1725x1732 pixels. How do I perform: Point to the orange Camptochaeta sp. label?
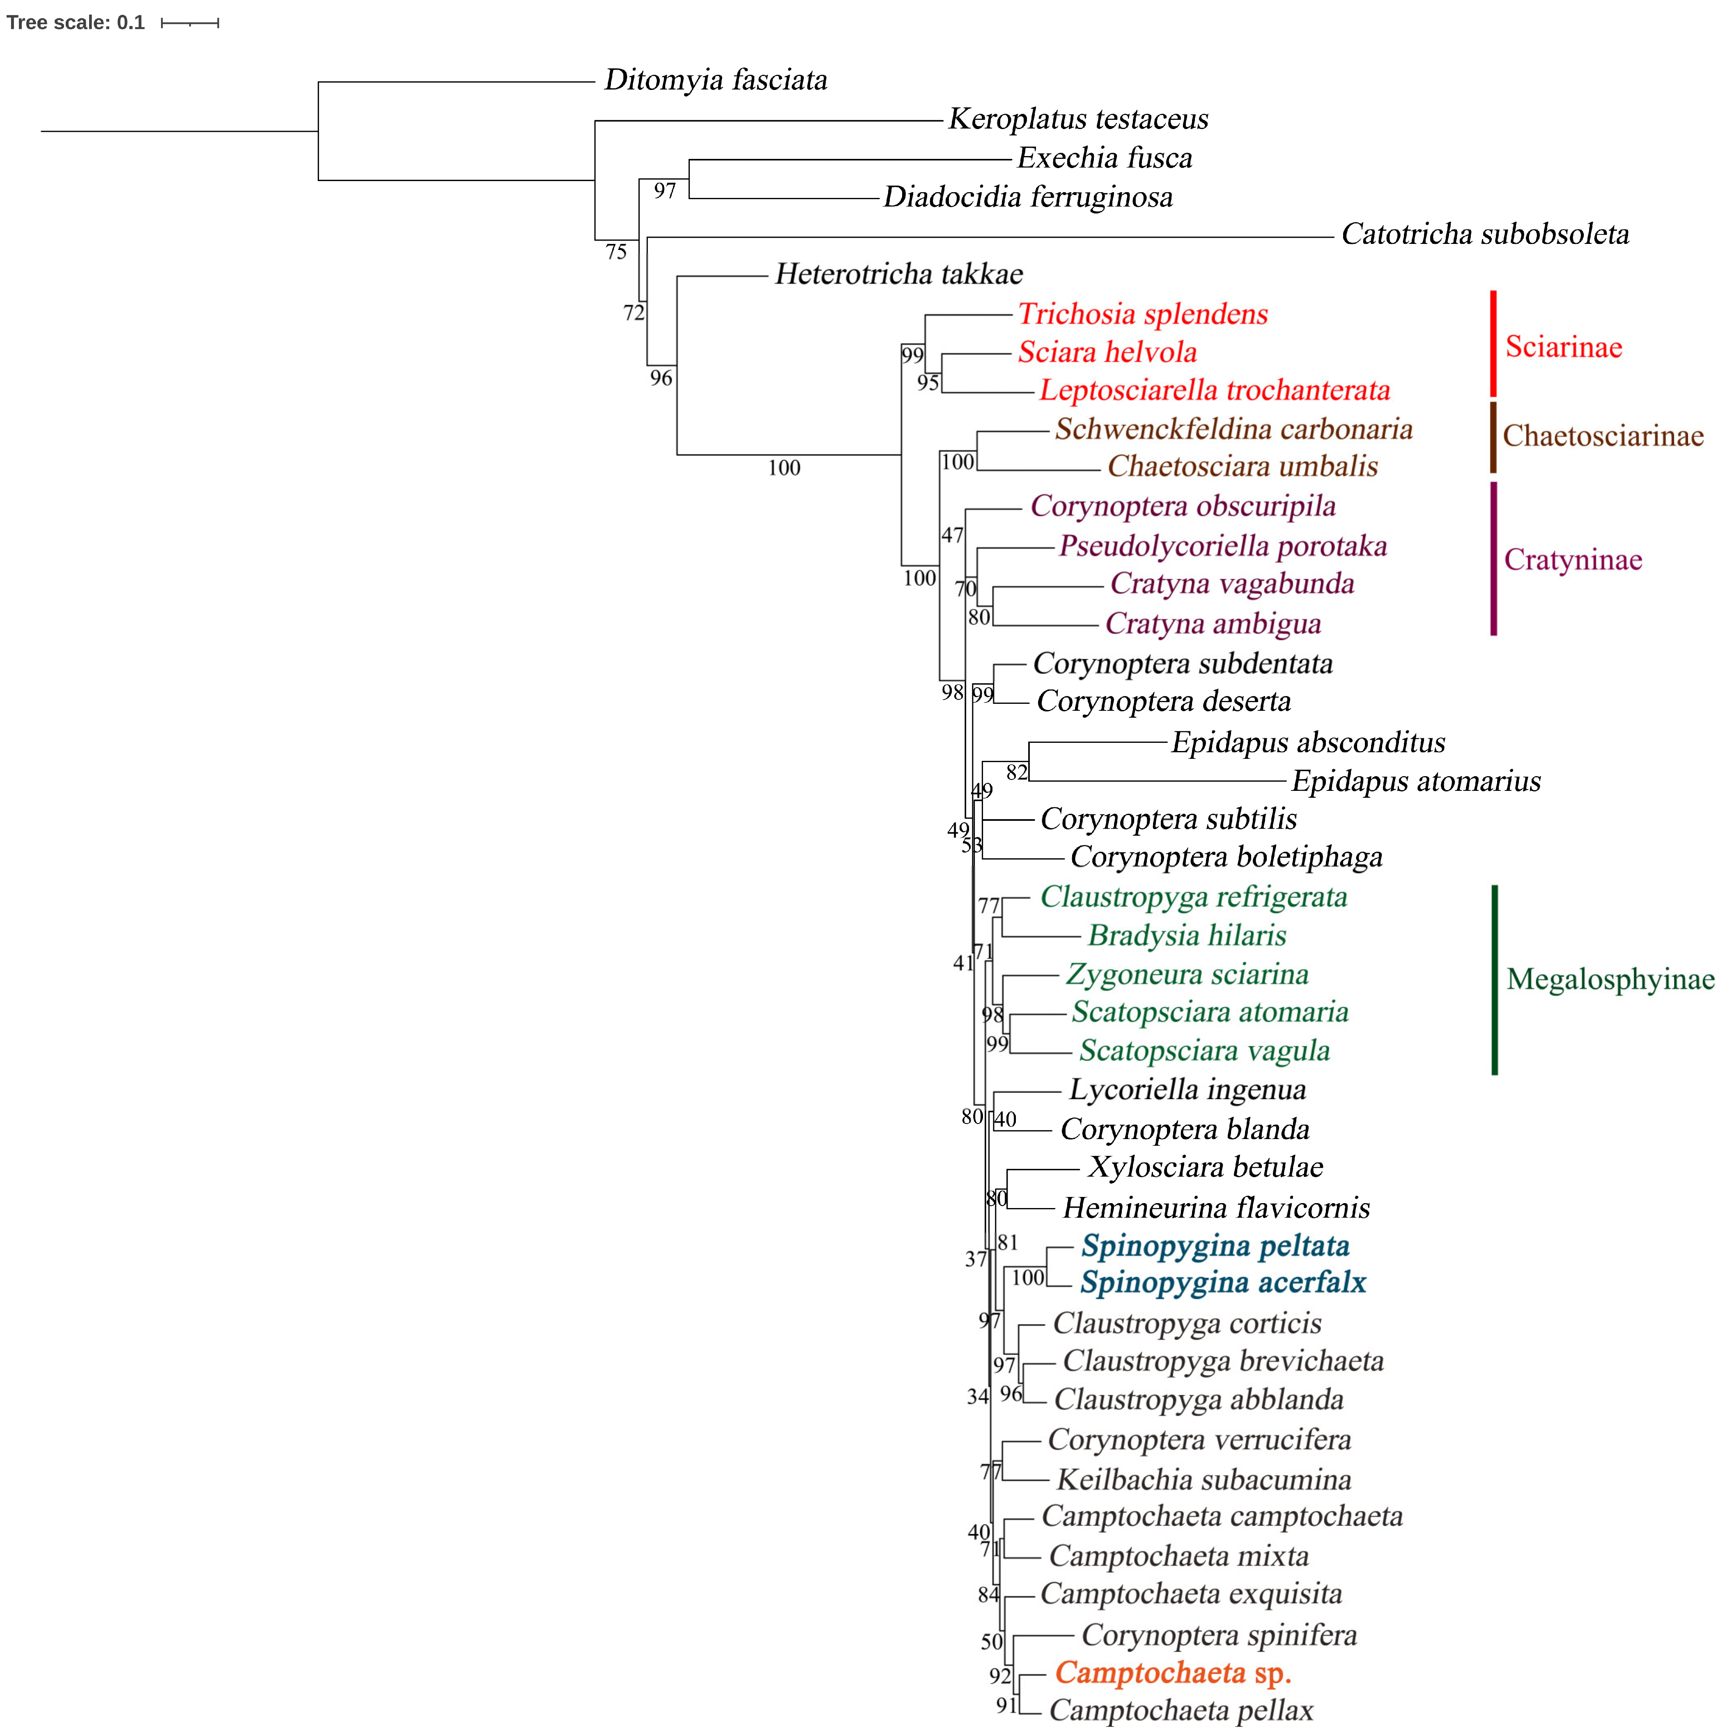click(1173, 1673)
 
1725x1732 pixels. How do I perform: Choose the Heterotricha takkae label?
click(898, 274)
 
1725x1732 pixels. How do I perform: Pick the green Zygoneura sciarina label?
click(1187, 974)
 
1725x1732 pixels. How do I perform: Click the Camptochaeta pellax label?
click(1181, 1711)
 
